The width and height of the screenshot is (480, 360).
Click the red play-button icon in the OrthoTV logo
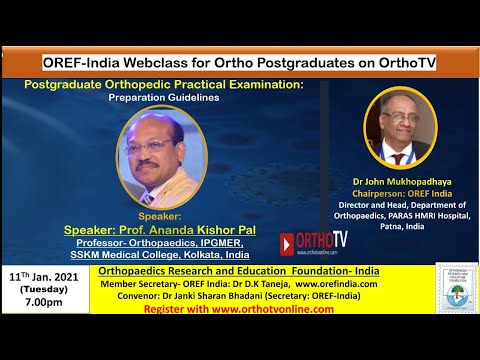pyautogui.click(x=287, y=243)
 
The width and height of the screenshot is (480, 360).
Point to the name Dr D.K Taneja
pyautogui.click(x=241, y=284)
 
